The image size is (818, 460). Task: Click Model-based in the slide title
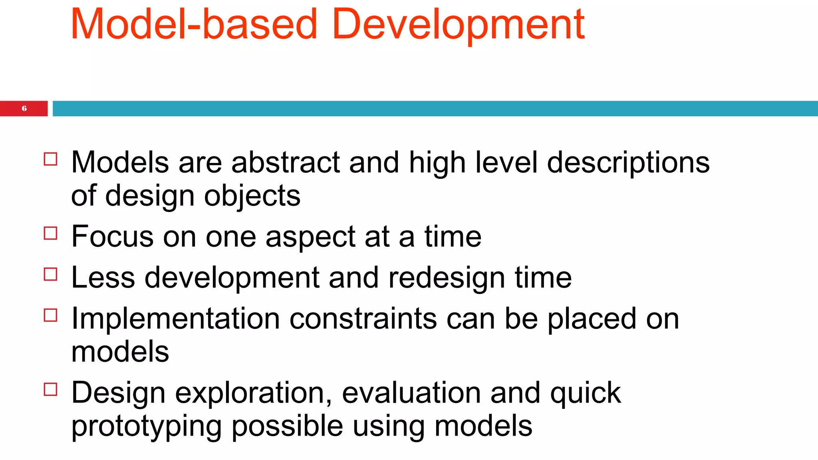click(194, 25)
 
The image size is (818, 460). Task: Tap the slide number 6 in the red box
click(24, 109)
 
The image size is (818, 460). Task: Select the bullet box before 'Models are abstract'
click(51, 159)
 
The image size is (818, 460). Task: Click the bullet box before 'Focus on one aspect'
click(51, 233)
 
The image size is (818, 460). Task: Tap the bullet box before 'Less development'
click(51, 274)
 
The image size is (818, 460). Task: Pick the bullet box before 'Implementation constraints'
click(51, 315)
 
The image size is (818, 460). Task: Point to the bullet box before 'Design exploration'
click(51, 389)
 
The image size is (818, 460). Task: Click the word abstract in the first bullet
click(286, 163)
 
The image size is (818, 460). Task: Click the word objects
click(252, 196)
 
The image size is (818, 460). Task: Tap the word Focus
click(112, 236)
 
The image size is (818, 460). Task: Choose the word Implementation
click(175, 319)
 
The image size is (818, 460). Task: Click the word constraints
click(363, 319)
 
